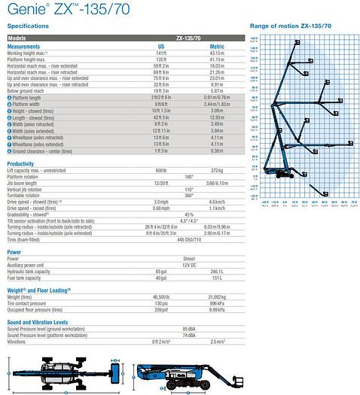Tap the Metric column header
(216, 45)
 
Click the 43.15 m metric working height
(216, 53)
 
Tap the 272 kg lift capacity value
(216, 172)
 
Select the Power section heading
(14, 251)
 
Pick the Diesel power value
(189, 260)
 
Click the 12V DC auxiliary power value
(189, 266)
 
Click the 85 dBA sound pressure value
(189, 330)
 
